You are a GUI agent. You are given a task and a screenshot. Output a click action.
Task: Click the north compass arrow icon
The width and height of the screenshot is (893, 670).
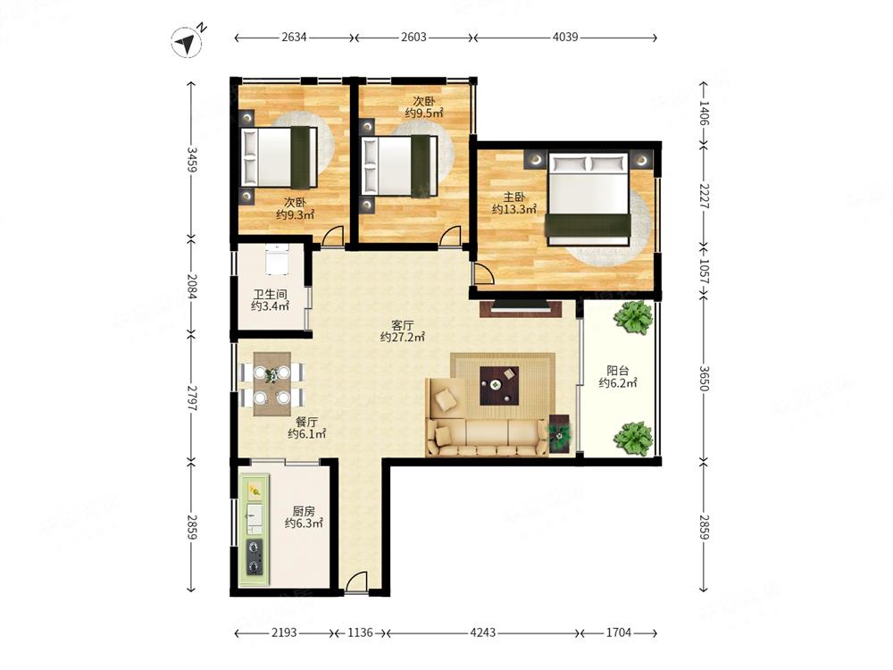187,42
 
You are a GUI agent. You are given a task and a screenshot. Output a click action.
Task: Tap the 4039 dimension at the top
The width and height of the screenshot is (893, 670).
565,37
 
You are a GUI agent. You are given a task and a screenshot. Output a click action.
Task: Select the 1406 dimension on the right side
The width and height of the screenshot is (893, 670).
704,113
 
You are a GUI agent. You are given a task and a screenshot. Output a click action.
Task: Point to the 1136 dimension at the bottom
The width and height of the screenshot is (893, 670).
360,632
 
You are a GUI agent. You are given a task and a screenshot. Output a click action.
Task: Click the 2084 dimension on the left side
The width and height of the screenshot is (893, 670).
191,287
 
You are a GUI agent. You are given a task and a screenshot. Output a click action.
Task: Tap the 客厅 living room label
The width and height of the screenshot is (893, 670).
402,325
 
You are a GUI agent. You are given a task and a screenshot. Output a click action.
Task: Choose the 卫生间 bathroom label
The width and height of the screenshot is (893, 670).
270,295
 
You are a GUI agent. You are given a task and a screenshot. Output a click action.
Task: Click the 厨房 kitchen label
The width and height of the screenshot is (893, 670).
304,511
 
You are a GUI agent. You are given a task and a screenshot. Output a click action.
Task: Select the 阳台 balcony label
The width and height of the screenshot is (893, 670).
617,371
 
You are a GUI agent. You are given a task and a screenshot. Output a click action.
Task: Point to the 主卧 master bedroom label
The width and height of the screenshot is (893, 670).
514,197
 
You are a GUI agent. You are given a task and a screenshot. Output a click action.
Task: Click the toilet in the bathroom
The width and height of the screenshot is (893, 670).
277,259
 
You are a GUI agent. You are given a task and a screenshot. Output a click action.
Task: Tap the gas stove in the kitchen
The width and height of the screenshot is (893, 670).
254,557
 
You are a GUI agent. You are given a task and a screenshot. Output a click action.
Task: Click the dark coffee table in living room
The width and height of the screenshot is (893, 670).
499,386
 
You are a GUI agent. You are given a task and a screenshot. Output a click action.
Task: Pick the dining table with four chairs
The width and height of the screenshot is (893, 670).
272,383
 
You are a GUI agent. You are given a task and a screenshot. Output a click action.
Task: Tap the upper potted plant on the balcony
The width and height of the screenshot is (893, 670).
633,317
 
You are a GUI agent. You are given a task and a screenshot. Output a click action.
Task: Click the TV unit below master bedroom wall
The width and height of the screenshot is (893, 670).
521,308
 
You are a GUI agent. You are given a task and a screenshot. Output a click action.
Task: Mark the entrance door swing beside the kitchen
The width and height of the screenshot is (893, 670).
356,582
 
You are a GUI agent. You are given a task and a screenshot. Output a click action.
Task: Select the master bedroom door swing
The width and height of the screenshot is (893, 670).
483,274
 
